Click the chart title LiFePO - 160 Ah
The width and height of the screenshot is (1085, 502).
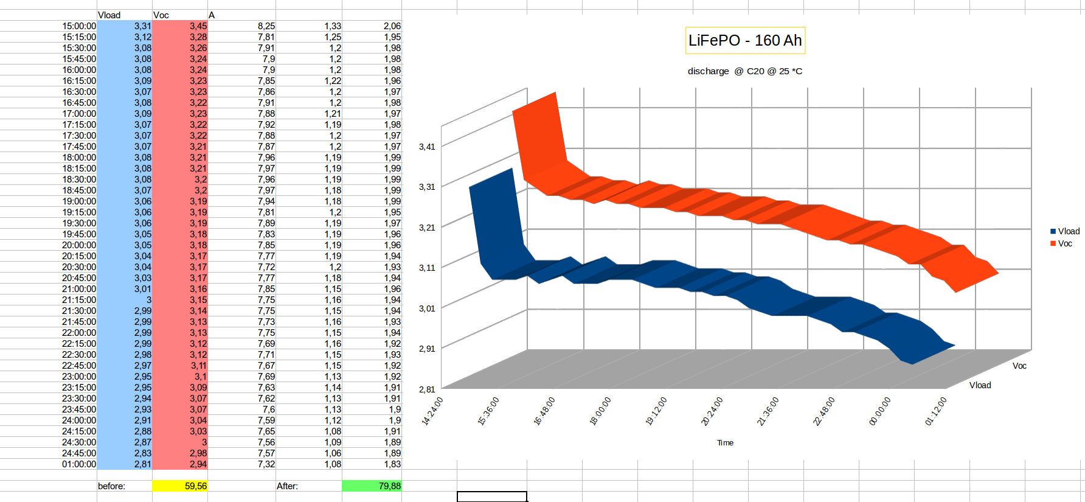[745, 41]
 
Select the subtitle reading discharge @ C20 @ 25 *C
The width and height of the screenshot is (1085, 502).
[744, 71]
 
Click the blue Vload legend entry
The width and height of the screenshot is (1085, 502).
[1064, 231]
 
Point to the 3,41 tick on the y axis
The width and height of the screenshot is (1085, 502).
[427, 147]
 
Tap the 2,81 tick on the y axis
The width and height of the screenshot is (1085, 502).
[427, 389]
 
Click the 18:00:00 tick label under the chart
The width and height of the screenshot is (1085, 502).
[600, 411]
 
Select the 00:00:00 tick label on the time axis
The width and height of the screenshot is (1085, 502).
[879, 411]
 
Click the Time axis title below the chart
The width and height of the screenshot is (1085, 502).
[725, 443]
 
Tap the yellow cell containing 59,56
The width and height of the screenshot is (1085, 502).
[180, 486]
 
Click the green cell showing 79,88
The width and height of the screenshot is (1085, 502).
[372, 486]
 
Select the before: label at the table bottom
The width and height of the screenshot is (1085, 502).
[111, 486]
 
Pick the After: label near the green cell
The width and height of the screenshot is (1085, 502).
[287, 486]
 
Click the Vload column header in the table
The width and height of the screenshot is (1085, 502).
[109, 15]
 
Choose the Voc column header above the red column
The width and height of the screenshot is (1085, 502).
[161, 15]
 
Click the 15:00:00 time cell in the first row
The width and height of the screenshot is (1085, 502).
[79, 26]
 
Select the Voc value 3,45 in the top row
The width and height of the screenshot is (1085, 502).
[198, 26]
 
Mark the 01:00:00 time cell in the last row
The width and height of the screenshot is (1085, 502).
[79, 464]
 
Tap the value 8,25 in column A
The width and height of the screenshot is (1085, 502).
[266, 26]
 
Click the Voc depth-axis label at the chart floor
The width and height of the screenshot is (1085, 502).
[1019, 366]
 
